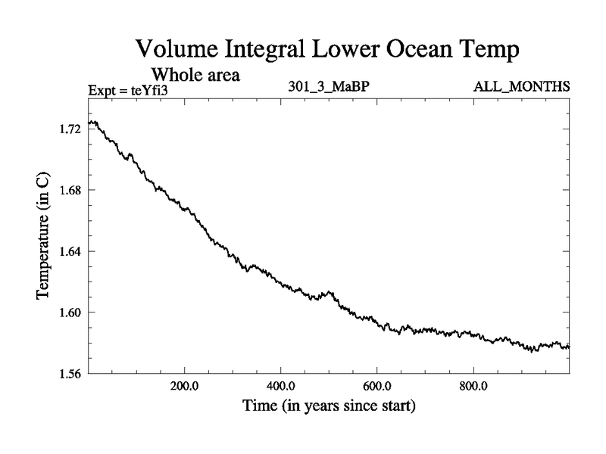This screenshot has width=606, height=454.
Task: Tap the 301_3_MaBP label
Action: pos(328,87)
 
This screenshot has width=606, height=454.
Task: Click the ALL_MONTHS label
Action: pos(521,87)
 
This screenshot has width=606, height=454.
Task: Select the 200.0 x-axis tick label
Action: pos(184,388)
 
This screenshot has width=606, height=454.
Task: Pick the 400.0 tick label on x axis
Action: pos(280,388)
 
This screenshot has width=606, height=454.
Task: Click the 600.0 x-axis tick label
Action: pos(376,388)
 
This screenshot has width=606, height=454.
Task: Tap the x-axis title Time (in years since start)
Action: pos(329,406)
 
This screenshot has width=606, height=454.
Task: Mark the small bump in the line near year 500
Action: pos(328,291)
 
